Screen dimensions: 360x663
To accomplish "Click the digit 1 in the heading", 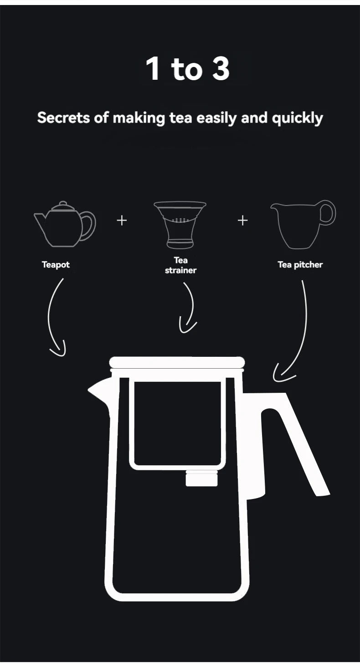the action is (x=153, y=68).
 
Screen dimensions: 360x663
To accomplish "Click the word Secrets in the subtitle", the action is (x=63, y=118).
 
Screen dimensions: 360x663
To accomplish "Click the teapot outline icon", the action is (x=65, y=224).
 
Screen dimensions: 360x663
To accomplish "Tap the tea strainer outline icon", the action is (x=180, y=225).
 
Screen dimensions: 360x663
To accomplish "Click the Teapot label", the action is (x=56, y=264).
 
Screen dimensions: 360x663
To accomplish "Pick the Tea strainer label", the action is (x=180, y=265).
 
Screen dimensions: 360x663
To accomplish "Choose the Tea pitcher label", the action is (x=300, y=264).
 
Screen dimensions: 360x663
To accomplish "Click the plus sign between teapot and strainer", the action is (x=122, y=221).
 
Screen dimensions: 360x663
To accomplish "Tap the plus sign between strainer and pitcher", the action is (x=243, y=221).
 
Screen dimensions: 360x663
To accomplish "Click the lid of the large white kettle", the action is (x=177, y=363).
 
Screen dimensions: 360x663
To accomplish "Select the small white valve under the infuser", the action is (x=201, y=478).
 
